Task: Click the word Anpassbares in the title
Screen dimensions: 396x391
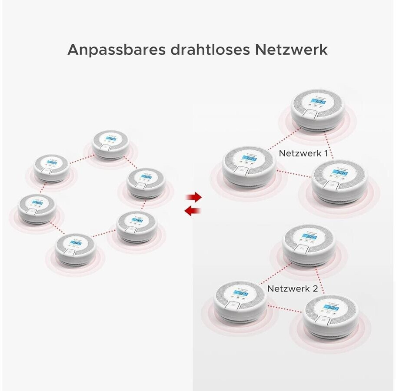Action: pos(113,50)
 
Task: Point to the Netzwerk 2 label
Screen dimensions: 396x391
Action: pos(293,288)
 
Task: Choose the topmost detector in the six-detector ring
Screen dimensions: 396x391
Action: pos(111,144)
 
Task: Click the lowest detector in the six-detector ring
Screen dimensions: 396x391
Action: pos(75,250)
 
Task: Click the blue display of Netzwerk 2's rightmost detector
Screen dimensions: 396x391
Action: pos(332,308)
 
